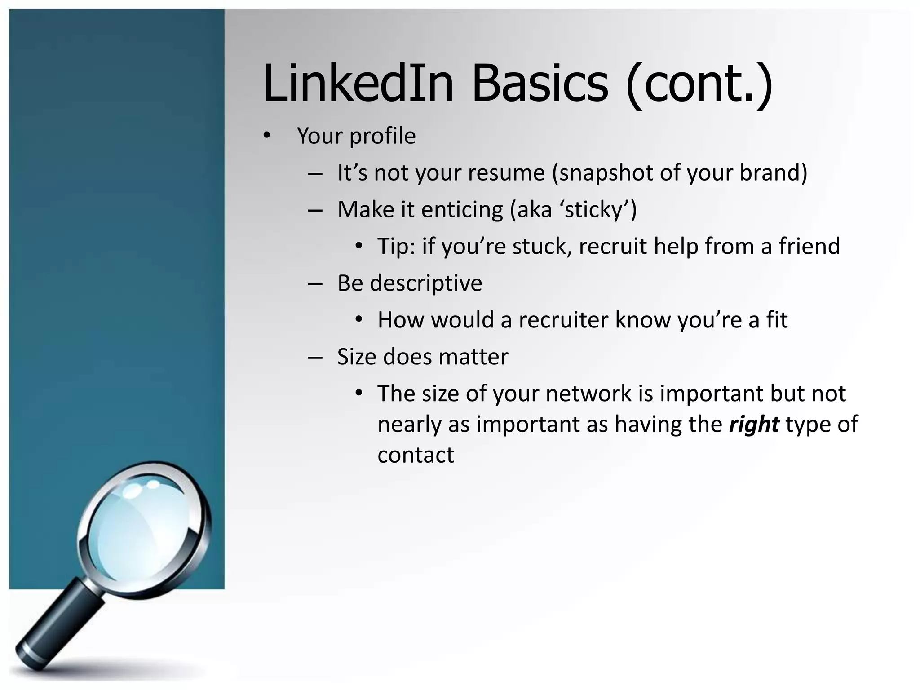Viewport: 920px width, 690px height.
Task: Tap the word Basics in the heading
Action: point(540,84)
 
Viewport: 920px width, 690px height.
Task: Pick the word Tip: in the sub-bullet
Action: point(396,247)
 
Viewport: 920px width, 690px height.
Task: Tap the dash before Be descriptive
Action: point(315,284)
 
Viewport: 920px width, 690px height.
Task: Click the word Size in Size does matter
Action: point(357,357)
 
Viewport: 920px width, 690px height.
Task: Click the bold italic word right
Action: point(754,425)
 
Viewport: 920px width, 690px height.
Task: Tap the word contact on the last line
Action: point(416,455)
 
